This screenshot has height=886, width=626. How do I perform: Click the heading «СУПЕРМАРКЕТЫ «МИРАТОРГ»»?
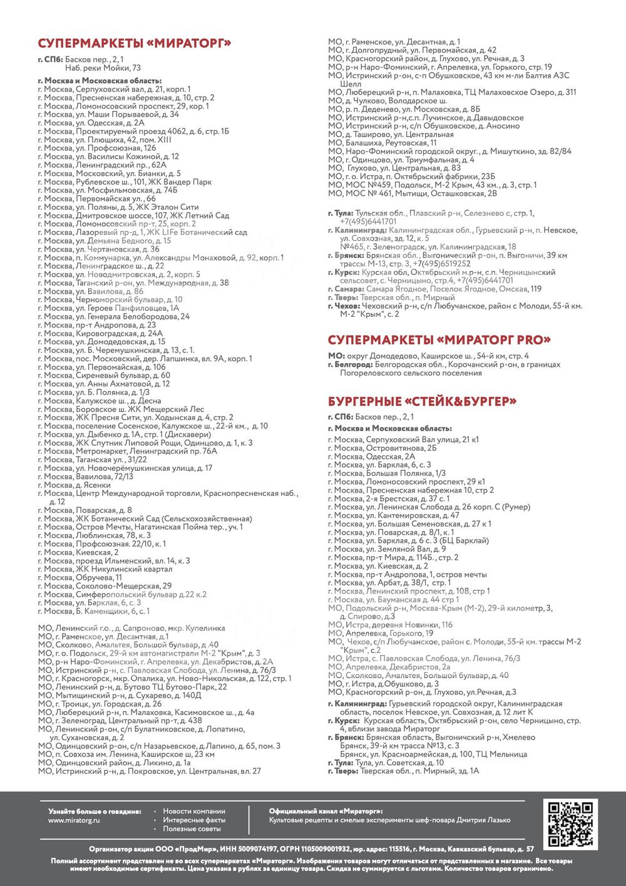click(135, 43)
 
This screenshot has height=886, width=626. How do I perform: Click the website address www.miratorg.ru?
click(74, 820)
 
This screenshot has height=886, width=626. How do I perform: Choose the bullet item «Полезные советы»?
click(192, 828)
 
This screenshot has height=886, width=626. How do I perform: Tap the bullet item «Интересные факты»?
click(194, 820)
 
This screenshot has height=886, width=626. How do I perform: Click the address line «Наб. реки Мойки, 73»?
click(103, 68)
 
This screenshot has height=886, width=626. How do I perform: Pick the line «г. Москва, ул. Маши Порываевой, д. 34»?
click(108, 114)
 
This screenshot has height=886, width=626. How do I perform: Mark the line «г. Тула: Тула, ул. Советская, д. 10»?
click(386, 763)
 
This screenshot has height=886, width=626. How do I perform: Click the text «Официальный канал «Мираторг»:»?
click(326, 811)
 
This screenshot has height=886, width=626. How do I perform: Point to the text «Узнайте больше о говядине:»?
click(95, 811)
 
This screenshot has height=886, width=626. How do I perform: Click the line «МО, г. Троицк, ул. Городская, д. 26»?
click(100, 704)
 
